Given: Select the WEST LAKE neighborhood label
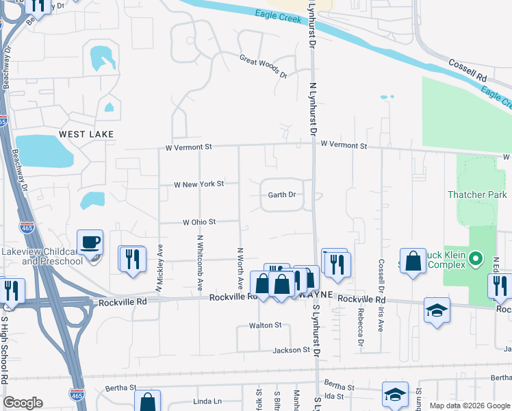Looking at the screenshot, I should (86, 134).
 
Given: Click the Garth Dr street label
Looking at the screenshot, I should (281, 195).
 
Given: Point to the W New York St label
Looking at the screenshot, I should (199, 185).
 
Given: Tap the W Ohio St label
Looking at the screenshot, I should (199, 222).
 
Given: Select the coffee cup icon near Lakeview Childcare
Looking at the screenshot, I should (90, 242).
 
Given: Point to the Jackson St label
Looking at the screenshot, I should (292, 350).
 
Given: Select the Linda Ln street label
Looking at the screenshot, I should (208, 400).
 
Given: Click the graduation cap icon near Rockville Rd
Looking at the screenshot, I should (437, 311).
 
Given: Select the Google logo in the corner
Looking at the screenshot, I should (23, 403).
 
